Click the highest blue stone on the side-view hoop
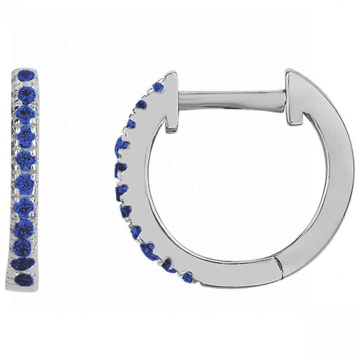point(158,86)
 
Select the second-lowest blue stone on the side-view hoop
point(169,265)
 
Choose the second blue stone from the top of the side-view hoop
point(141,105)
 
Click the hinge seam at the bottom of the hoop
point(279,266)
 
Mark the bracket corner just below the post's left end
point(171,129)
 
